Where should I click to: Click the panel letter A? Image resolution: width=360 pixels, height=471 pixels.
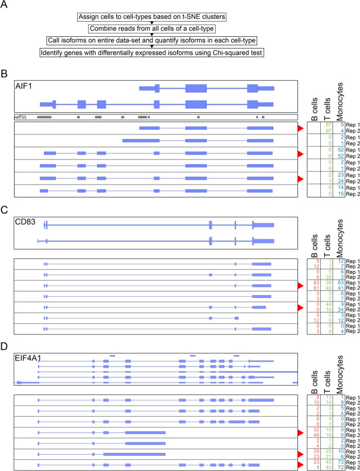pos(5,6)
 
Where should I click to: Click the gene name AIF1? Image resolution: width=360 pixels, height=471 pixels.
pos(24,86)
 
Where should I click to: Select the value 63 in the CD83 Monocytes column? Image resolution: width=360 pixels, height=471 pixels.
pos(337,283)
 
